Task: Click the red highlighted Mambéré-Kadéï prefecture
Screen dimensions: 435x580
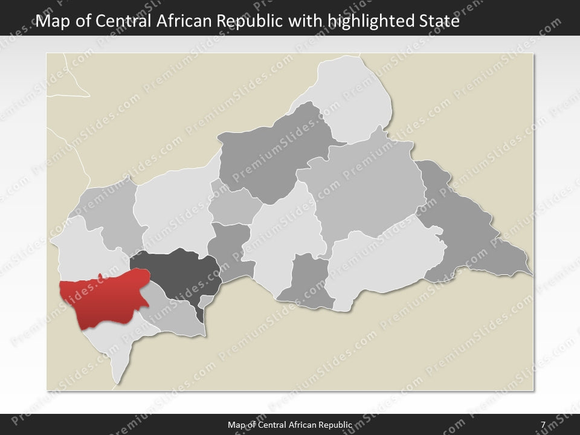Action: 103,299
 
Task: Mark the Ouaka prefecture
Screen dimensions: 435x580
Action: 284,236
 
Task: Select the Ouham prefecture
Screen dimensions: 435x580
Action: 172,205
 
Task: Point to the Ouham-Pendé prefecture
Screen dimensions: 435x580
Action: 109,214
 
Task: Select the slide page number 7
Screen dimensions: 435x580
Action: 543,425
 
